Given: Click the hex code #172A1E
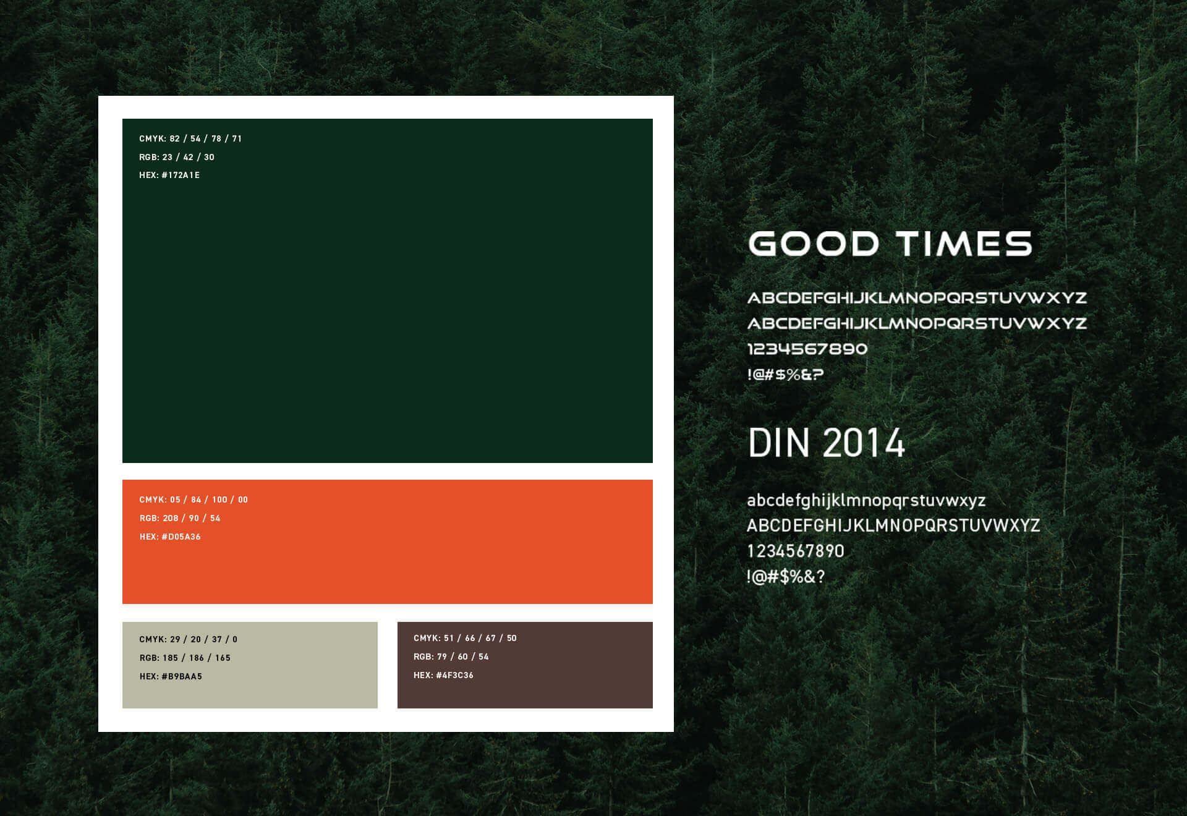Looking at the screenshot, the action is coord(181,176).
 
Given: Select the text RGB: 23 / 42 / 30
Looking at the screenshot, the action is coord(177,157).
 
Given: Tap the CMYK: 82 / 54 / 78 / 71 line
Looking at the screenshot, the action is coord(190,138).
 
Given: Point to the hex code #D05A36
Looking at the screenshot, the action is coord(181,537).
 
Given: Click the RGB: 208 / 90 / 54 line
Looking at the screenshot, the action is coord(180,518).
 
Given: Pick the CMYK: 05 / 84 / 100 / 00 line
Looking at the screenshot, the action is coord(194,499).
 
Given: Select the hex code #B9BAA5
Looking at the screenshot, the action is coord(182,676).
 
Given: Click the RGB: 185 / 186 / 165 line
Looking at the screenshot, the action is coord(185,658).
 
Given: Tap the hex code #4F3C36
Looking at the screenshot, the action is coord(454,675).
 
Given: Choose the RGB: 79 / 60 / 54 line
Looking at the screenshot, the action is coord(451,657).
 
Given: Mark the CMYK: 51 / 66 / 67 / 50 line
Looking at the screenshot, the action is coord(465,638).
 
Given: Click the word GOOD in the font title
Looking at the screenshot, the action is coord(814,244).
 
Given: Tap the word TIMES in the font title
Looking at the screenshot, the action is coord(964,244).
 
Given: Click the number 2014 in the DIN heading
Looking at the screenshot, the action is coord(864,443).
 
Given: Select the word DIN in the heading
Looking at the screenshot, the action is coord(779,443).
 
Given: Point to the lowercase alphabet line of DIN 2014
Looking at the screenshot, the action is coord(866,500).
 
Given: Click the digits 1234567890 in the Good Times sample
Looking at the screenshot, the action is coord(807,349).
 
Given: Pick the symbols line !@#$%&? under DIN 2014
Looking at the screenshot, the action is coord(786,577).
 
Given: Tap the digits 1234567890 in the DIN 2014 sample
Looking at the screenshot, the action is coord(796,551).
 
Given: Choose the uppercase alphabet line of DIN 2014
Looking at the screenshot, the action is coord(893,525).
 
